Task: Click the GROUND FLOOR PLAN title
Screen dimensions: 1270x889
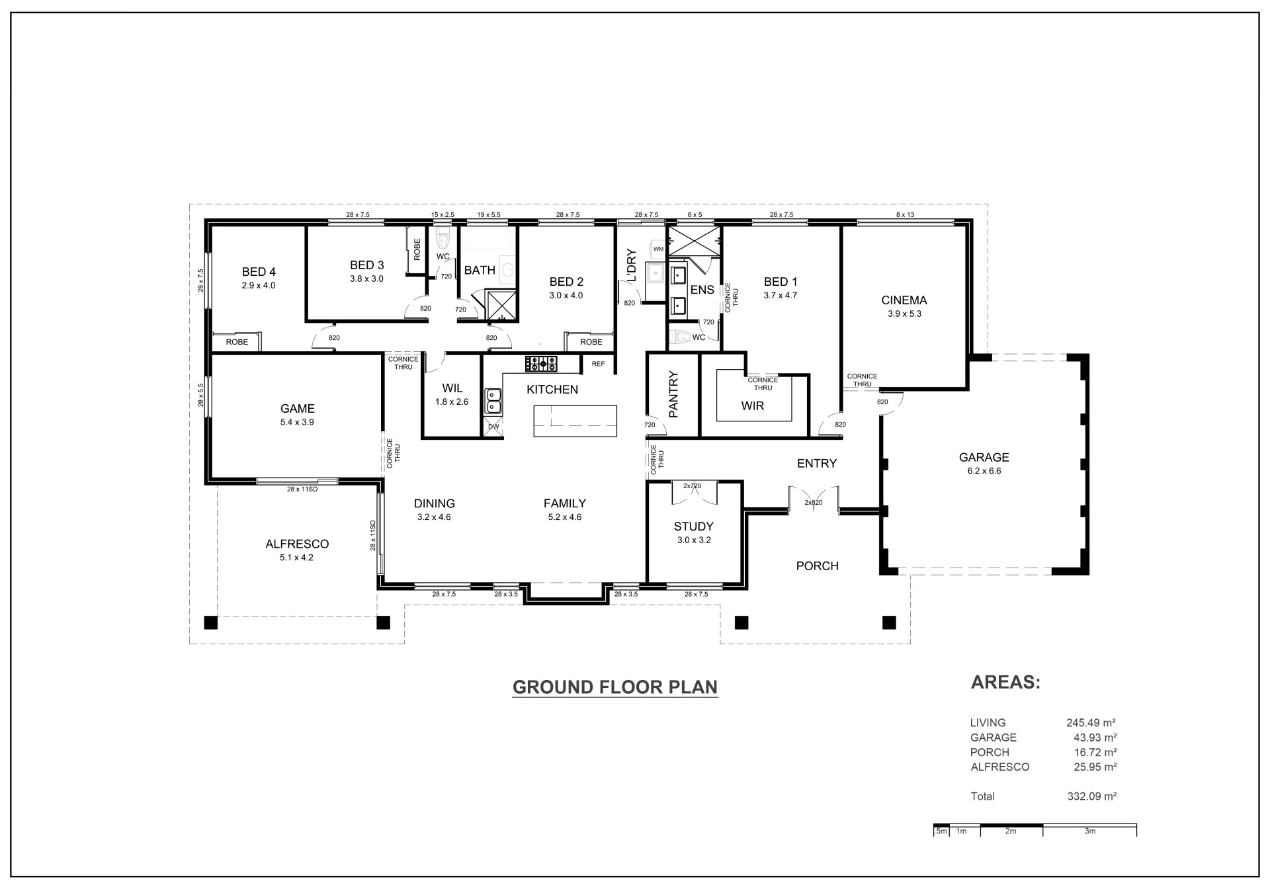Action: coord(615,687)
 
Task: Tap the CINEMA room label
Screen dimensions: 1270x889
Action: coord(904,300)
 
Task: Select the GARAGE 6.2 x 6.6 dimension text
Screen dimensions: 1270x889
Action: coord(984,471)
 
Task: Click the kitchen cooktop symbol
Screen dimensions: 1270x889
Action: coord(541,363)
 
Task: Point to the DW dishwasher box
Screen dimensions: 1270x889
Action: coord(493,427)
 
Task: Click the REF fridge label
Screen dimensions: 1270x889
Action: coord(598,364)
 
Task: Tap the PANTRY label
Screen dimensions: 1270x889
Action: coord(674,395)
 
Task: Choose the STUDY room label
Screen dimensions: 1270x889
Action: coord(694,527)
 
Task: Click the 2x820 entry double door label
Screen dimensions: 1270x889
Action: coord(814,503)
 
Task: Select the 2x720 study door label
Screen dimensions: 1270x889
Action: coord(692,486)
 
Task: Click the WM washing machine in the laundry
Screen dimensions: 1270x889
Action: coord(658,249)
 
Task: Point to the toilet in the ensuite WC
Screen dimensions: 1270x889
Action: coord(679,338)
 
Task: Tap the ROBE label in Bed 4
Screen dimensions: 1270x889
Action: coord(237,342)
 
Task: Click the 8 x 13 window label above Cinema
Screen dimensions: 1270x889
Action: coord(905,215)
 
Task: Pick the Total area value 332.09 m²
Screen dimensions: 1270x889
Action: coord(1092,796)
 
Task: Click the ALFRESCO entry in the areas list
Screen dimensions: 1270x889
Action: coord(1000,767)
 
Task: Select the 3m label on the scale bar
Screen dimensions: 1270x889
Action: coord(1090,831)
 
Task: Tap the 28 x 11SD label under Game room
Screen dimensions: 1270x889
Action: coord(302,489)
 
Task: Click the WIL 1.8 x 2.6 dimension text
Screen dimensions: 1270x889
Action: coord(452,402)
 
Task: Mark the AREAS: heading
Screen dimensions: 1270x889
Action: coord(1005,683)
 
